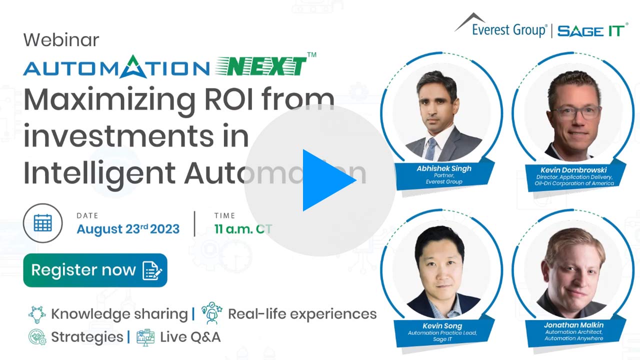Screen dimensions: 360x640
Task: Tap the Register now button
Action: [95, 270]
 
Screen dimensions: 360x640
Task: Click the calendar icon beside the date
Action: [43, 223]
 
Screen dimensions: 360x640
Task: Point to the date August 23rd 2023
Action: [128, 229]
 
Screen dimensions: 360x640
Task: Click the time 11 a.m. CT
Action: [243, 229]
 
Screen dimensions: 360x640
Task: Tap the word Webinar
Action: [61, 40]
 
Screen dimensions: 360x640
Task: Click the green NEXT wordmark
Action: [261, 66]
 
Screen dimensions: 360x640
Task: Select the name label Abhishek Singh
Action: [443, 168]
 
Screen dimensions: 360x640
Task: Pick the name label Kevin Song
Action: [442, 325]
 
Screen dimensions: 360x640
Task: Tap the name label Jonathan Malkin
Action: [573, 325]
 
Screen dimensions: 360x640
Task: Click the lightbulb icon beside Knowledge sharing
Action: [37, 314]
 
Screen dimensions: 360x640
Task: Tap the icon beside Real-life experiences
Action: [211, 313]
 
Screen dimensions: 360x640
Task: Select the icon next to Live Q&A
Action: [145, 337]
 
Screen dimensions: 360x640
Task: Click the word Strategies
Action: [87, 337]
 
